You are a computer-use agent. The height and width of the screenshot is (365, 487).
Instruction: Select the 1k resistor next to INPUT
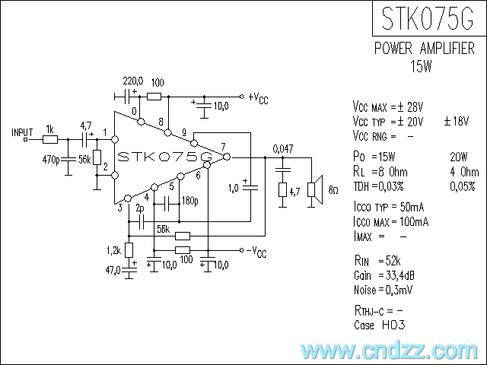(50, 139)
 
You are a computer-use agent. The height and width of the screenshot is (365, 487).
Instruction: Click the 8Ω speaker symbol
(312, 189)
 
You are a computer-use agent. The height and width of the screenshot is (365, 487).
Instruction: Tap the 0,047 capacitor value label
(283, 148)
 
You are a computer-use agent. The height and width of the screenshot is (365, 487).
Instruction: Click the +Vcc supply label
(258, 98)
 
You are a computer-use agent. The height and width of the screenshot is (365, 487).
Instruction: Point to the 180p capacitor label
(189, 202)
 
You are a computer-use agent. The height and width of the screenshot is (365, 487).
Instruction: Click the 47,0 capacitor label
(115, 268)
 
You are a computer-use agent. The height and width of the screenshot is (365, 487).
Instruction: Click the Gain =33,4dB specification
(384, 275)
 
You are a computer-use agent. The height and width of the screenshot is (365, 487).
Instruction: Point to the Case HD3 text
(380, 325)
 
